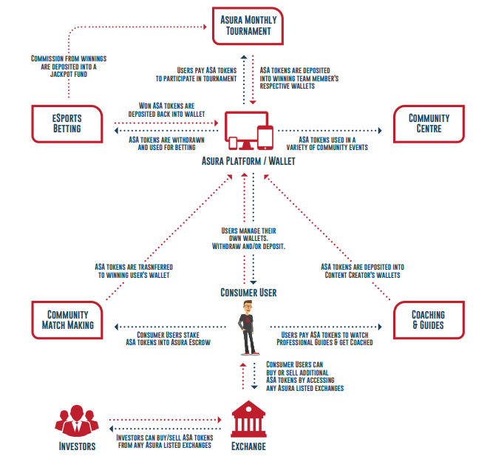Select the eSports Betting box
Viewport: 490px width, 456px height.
[x=67, y=123]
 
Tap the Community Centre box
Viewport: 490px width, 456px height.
[x=429, y=123]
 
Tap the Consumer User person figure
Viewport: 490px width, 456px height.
[x=248, y=328]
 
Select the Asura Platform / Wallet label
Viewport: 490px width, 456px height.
[x=248, y=160]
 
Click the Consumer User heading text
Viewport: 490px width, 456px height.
[x=248, y=293]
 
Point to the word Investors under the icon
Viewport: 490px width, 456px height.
[x=77, y=446]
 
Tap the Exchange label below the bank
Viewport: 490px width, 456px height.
[x=248, y=446]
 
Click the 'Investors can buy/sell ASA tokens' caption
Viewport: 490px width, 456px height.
[x=165, y=442]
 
